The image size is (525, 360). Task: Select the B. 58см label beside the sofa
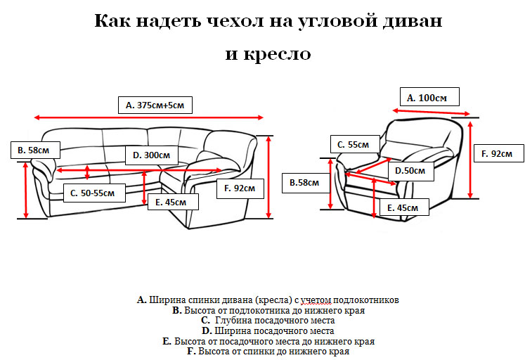pos(34,150)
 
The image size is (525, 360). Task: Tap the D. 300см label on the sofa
pos(150,154)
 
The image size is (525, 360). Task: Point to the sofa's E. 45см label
pos(173,202)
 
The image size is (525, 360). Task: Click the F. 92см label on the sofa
pos(240,188)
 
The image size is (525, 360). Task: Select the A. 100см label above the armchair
pos(428,98)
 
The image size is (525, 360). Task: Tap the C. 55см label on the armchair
pos(354,144)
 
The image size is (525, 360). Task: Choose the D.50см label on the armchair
pos(409,171)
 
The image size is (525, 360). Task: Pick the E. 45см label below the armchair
pos(408,207)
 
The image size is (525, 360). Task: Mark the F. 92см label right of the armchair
pos(498,153)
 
